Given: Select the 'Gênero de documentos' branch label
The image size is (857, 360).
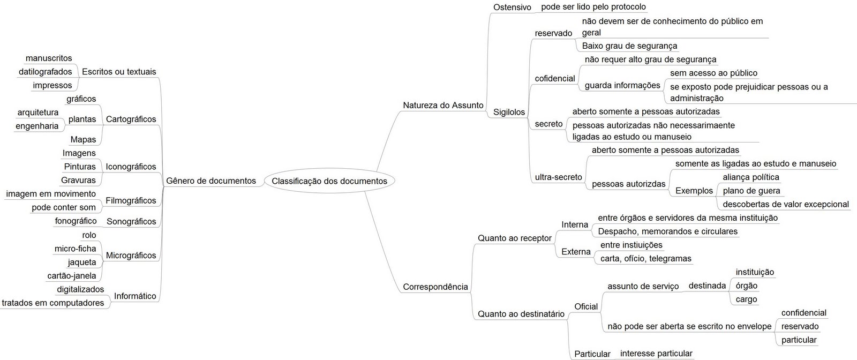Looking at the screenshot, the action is click(x=211, y=181).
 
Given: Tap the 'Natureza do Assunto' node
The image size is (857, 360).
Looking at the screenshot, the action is click(x=443, y=105).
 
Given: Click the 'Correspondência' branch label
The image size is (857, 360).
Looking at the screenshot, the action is click(x=435, y=287).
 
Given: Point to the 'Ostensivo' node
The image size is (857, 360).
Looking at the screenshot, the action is click(x=512, y=7).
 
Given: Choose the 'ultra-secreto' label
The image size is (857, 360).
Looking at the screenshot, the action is click(x=558, y=177).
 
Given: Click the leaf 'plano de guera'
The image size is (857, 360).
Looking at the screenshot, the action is click(x=751, y=191).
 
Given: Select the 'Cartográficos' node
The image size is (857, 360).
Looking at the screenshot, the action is click(x=131, y=119).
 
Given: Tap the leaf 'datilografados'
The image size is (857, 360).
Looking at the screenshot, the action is click(x=45, y=72).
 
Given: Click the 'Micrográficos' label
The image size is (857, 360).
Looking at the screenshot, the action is click(x=131, y=256).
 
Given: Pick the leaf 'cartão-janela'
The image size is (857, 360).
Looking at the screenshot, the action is click(x=72, y=276).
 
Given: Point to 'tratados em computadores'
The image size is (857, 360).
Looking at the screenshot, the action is click(x=53, y=303).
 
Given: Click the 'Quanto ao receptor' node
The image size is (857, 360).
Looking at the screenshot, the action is click(x=515, y=238).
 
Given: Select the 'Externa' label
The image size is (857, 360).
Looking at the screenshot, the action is click(x=576, y=252).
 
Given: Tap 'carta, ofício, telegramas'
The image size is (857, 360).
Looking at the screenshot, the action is click(x=646, y=259).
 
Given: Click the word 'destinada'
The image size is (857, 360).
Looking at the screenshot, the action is click(x=707, y=286).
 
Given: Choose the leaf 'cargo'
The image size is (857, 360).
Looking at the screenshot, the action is click(x=746, y=299).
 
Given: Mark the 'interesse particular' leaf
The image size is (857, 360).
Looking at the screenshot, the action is click(x=656, y=354).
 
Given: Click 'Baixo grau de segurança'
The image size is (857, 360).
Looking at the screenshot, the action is click(x=629, y=46).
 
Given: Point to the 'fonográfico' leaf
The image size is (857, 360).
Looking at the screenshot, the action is click(x=76, y=221).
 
